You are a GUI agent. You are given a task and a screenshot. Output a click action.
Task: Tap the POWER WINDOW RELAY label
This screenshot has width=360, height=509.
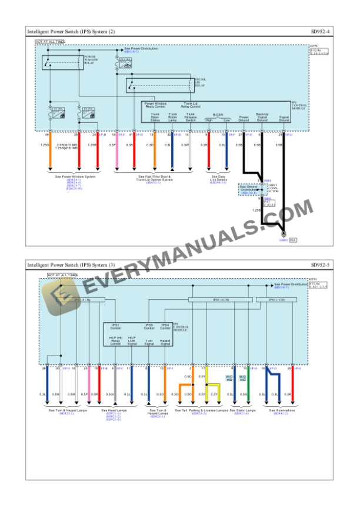pos(91,60)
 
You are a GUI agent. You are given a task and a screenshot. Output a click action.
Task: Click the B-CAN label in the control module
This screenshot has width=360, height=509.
pos(218,115)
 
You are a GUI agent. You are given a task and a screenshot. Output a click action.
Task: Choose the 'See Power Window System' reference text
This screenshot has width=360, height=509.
pos(74,176)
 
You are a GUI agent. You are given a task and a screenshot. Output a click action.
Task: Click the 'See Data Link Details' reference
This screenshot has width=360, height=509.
pos(218,178)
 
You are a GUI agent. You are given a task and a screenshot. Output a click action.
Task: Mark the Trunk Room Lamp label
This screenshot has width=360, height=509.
pos(172,118)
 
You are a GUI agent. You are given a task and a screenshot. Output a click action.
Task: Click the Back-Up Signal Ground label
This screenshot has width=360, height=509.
pos(262,118)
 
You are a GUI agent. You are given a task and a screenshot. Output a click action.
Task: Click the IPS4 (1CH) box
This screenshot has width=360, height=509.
pos(273,300)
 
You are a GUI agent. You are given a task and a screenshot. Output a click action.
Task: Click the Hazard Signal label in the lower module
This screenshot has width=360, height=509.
pos(165,342)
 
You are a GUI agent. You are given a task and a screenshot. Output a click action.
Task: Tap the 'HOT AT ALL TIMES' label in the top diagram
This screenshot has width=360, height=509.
pos(51,43)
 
